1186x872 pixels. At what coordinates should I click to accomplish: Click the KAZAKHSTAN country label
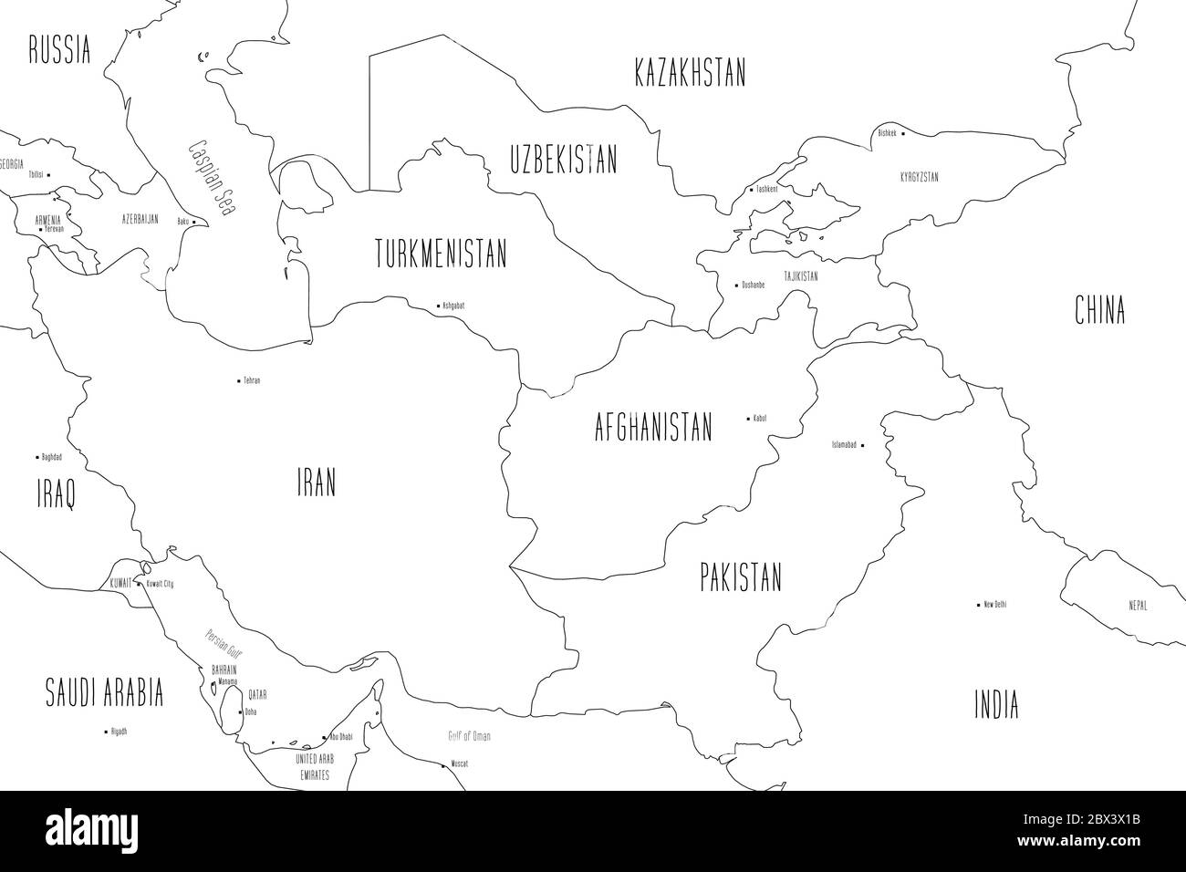click(x=690, y=73)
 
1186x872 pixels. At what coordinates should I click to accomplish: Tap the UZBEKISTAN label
click(x=563, y=161)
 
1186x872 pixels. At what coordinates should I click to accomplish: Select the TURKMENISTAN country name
click(x=441, y=254)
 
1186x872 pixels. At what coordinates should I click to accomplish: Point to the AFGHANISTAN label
click(x=652, y=427)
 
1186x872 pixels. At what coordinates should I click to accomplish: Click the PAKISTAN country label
click(x=741, y=577)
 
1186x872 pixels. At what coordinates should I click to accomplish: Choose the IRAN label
click(x=316, y=483)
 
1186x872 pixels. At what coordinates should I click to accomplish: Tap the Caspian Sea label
click(x=211, y=177)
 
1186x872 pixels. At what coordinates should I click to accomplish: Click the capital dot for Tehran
click(x=238, y=380)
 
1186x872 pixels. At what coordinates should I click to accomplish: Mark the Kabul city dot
click(x=749, y=419)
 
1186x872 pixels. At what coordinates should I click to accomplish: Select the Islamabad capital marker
click(x=862, y=445)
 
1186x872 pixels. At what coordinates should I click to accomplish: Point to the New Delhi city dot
click(x=978, y=605)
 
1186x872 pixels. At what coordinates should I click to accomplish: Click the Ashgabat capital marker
click(x=436, y=306)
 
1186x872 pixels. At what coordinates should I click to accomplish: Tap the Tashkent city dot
click(x=750, y=190)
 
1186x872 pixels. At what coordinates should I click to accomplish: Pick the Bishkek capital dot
click(x=902, y=133)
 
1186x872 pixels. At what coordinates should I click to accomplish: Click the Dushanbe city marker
click(x=736, y=285)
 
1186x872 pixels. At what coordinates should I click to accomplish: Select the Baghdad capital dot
click(x=36, y=457)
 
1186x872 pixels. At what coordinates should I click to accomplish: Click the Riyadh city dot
click(x=104, y=732)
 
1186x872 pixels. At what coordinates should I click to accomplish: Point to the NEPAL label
click(x=1137, y=606)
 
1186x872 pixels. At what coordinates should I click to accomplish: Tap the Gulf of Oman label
click(x=469, y=736)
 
